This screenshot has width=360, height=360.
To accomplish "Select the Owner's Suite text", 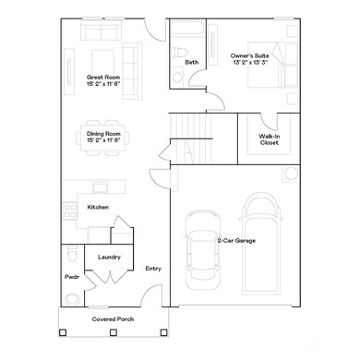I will pos(250,60).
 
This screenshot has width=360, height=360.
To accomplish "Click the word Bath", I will pos(191,63).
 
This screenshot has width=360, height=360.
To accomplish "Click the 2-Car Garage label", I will pos(236,240).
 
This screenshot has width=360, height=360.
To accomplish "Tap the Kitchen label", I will pos(99,208).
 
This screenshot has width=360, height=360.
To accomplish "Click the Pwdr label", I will pos(71,276).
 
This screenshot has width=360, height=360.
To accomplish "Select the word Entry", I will pos(153,269).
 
